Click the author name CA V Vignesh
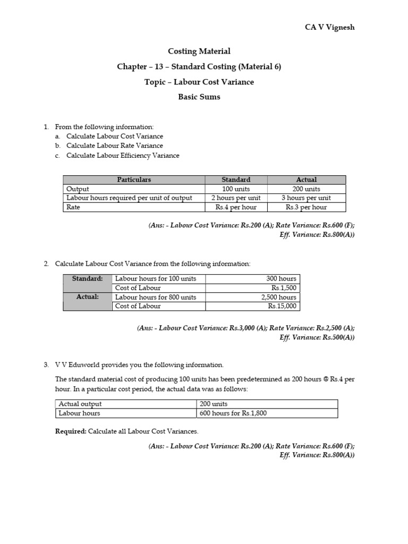tap(329, 28)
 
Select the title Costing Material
tap(199, 52)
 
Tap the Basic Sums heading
tap(199, 97)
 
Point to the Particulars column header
tap(134, 180)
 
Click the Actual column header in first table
tap(307, 180)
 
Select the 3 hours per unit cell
tap(307, 198)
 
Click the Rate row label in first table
tap(73, 207)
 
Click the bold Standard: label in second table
tap(87, 278)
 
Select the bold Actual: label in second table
tap(87, 297)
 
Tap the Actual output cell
tap(80, 404)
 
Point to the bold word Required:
tap(71, 431)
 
